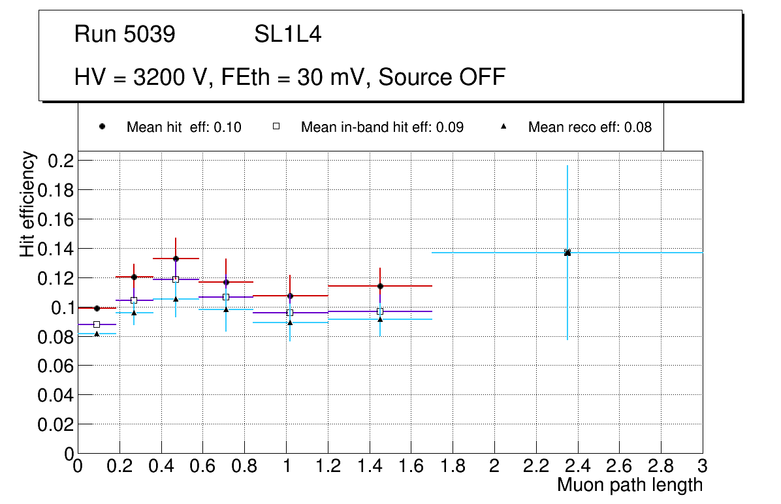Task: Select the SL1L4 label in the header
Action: click(x=288, y=35)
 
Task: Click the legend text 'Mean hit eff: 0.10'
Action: click(x=183, y=127)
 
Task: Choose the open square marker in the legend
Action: click(x=276, y=127)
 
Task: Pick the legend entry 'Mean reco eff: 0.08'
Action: click(x=590, y=127)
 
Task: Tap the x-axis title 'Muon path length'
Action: click(x=630, y=485)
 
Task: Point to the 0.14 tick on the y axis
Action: click(x=57, y=249)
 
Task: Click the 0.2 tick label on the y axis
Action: click(x=62, y=161)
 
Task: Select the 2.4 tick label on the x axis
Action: click(x=577, y=466)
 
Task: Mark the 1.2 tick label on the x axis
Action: click(x=328, y=466)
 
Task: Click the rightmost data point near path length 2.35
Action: click(x=567, y=253)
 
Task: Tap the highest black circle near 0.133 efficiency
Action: click(x=176, y=259)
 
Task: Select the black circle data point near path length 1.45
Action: click(x=380, y=286)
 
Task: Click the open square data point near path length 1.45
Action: click(x=380, y=311)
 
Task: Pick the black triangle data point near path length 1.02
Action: click(x=290, y=323)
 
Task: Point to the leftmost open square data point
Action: click(x=97, y=324)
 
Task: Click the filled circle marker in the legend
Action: click(x=103, y=127)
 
